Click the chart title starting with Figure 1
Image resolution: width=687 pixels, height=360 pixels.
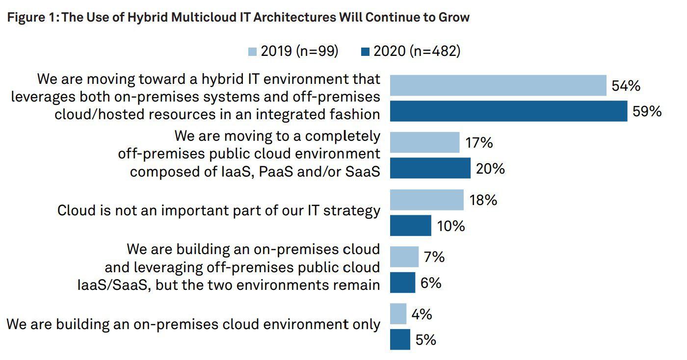click(238, 18)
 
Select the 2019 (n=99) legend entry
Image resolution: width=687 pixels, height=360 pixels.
click(293, 51)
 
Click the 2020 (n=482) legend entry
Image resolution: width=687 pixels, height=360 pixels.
click(411, 51)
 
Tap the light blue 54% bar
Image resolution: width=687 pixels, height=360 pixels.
click(498, 85)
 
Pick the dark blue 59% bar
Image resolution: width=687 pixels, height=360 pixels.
click(508, 111)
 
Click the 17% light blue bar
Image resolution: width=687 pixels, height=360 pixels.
click(424, 143)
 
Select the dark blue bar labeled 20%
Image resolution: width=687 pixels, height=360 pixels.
click(430, 168)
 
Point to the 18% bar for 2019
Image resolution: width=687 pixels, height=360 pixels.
click(426, 200)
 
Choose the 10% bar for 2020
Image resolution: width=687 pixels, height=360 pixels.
click(410, 226)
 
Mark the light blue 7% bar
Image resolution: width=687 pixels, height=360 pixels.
click(404, 257)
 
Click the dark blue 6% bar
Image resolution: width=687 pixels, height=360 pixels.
click(402, 283)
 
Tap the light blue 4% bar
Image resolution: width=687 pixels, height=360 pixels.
click(398, 314)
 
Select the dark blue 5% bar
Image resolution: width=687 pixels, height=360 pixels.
click(400, 339)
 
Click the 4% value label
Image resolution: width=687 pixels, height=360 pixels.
click(422, 314)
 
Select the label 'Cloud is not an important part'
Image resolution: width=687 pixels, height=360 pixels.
click(218, 210)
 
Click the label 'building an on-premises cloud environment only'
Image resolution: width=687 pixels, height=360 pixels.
click(193, 324)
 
